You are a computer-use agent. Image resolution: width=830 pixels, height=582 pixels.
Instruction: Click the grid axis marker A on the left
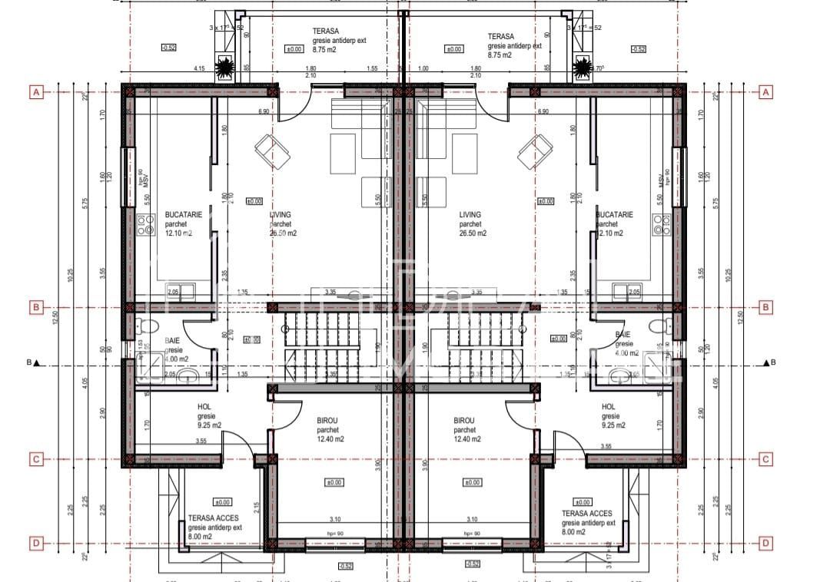[35, 92]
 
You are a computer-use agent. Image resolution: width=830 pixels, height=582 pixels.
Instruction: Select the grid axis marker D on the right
[765, 543]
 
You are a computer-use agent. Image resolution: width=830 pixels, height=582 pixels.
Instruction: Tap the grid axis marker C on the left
[35, 459]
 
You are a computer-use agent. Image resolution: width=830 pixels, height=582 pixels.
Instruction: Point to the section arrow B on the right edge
[767, 362]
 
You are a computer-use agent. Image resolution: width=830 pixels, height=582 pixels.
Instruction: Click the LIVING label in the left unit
[280, 215]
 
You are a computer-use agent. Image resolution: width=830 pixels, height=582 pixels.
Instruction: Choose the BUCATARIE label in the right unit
[615, 215]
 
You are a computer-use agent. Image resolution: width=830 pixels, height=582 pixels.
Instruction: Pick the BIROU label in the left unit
[328, 422]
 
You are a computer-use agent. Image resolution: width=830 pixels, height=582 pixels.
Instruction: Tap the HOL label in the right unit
[608, 407]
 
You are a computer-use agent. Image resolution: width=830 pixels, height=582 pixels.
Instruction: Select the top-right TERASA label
[500, 36]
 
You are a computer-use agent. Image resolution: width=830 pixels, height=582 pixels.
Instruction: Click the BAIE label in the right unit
[623, 335]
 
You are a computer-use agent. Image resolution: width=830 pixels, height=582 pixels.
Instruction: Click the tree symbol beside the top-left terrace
[224, 69]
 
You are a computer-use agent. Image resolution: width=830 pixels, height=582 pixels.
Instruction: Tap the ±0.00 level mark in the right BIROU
[471, 482]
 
